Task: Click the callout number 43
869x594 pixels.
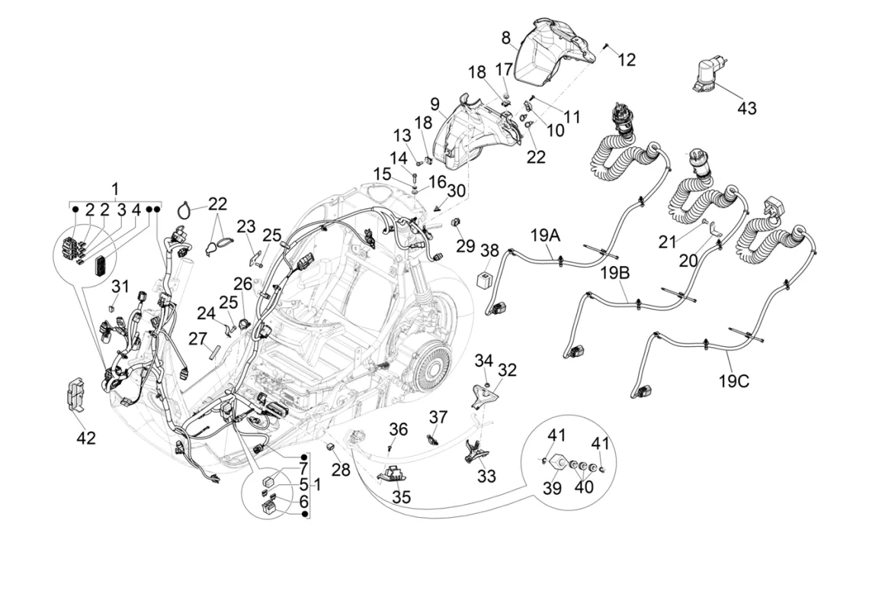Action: [747, 108]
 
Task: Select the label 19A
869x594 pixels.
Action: [546, 236]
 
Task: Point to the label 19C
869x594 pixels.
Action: [733, 379]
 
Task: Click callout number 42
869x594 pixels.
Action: [85, 437]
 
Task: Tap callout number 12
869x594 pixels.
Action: [626, 59]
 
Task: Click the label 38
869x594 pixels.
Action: [489, 249]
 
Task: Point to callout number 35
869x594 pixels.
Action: [401, 497]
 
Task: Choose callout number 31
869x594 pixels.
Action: [120, 287]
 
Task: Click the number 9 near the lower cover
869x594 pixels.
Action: [434, 103]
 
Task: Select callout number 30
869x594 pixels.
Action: [456, 190]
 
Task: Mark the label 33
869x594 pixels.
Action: [486, 477]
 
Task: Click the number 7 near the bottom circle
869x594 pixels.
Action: [303, 467]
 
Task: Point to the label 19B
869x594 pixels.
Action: [615, 272]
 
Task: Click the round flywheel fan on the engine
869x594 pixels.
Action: [429, 364]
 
